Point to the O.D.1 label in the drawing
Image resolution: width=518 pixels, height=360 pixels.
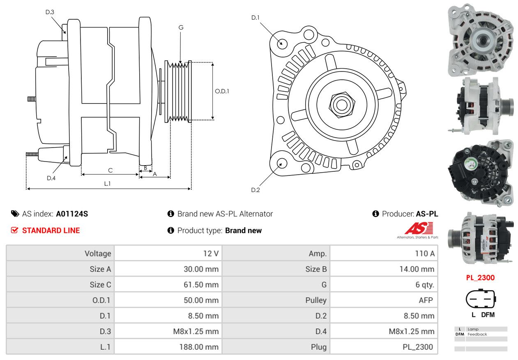pyautogui.click(x=222, y=91)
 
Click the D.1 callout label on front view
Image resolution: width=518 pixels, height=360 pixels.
pyautogui.click(x=256, y=17)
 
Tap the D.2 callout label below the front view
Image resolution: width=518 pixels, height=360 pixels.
pyautogui.click(x=256, y=190)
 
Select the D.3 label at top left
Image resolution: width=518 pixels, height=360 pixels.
pyautogui.click(x=50, y=12)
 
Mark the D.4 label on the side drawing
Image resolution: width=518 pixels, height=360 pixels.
pyautogui.click(x=51, y=178)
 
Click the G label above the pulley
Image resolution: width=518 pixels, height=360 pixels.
pyautogui.click(x=181, y=28)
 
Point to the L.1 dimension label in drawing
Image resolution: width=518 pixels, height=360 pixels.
pyautogui.click(x=107, y=184)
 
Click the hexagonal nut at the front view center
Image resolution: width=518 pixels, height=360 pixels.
pyautogui.click(x=341, y=104)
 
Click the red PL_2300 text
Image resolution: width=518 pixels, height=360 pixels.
pyautogui.click(x=480, y=278)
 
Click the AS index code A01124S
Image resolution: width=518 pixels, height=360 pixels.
pyautogui.click(x=72, y=214)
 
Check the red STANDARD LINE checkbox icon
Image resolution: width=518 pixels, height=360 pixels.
pyautogui.click(x=15, y=230)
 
